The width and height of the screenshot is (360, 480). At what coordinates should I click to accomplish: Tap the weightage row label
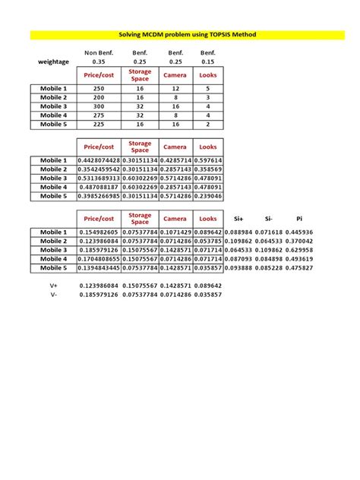tap(54, 62)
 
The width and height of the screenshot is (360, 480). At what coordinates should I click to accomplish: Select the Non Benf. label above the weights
tap(99, 52)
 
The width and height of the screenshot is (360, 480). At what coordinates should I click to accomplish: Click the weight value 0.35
tap(99, 62)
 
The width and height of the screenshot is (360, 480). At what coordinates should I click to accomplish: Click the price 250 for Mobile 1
tap(99, 89)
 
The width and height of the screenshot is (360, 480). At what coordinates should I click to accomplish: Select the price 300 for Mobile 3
tap(99, 106)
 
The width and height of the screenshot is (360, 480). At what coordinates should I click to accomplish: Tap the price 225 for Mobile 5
tap(99, 124)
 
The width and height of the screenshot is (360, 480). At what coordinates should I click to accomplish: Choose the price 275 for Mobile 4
tap(99, 115)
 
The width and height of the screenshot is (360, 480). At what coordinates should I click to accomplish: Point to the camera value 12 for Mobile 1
tap(175, 89)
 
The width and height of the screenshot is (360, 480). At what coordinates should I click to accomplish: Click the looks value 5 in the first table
tap(207, 89)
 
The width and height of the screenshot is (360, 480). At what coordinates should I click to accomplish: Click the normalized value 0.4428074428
tap(99, 161)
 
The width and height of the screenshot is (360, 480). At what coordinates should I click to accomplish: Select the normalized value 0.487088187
tap(99, 187)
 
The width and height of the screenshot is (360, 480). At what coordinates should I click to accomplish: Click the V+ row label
tap(54, 286)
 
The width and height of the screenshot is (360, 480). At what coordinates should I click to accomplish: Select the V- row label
tap(54, 295)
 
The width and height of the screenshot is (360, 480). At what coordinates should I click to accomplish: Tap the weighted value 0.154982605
tap(99, 232)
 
